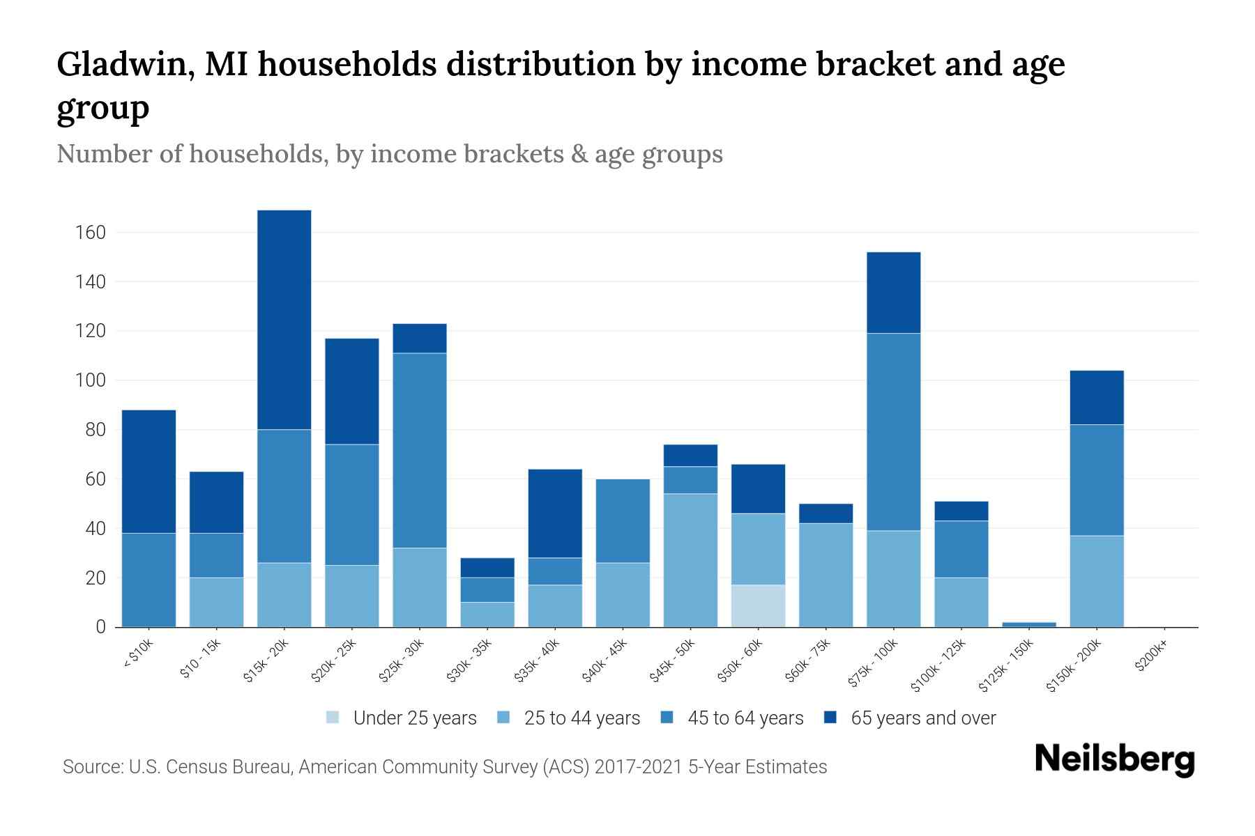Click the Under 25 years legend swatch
click(x=333, y=718)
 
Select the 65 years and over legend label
click(x=923, y=718)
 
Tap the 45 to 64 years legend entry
click(x=732, y=718)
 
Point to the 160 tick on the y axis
click(x=91, y=233)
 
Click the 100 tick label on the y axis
click(x=91, y=380)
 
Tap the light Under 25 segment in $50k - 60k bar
click(x=758, y=605)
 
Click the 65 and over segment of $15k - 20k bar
click(x=284, y=319)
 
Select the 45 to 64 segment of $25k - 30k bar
click(x=419, y=450)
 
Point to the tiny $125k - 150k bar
click(x=1029, y=624)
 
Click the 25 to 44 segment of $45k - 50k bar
click(x=690, y=560)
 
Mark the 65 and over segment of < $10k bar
click(x=149, y=471)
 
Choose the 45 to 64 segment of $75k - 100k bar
click(x=893, y=432)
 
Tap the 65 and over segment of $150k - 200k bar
click(x=1097, y=397)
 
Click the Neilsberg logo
click(x=1114, y=759)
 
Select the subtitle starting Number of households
click(x=389, y=154)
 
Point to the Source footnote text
click(x=444, y=767)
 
